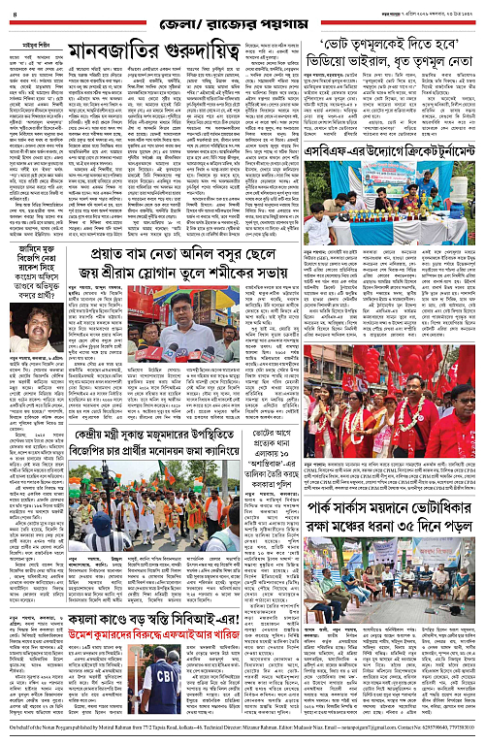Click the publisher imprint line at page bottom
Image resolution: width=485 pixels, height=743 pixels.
coord(242,730)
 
